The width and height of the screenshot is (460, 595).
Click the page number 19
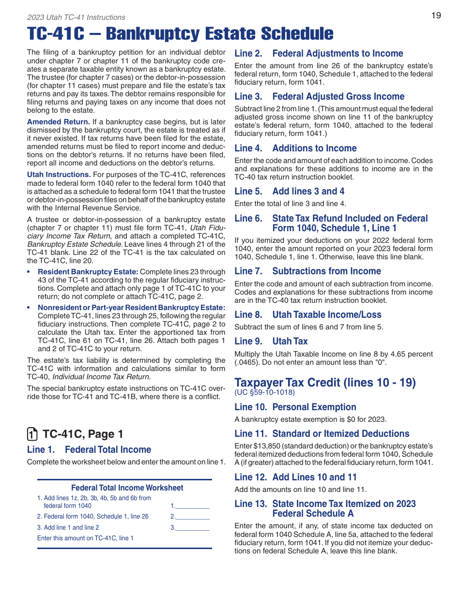(436, 15)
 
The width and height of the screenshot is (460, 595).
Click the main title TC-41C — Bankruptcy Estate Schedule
(180, 34)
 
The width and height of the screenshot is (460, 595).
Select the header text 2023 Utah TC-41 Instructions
(76, 17)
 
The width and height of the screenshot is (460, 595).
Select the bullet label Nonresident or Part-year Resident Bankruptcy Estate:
(132, 308)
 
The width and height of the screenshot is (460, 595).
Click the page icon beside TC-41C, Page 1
(32, 434)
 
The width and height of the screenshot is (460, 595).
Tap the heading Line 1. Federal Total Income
(89, 450)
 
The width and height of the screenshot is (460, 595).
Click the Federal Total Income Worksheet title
(127, 488)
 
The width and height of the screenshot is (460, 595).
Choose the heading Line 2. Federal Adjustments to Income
(319, 54)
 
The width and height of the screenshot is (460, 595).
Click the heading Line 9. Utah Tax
(271, 342)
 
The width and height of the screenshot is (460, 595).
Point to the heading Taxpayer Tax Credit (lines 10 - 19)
(325, 383)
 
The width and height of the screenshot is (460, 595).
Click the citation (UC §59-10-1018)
(264, 392)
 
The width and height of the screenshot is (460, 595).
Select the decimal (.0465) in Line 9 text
(247, 362)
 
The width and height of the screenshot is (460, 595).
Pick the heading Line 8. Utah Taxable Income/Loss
(307, 315)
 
